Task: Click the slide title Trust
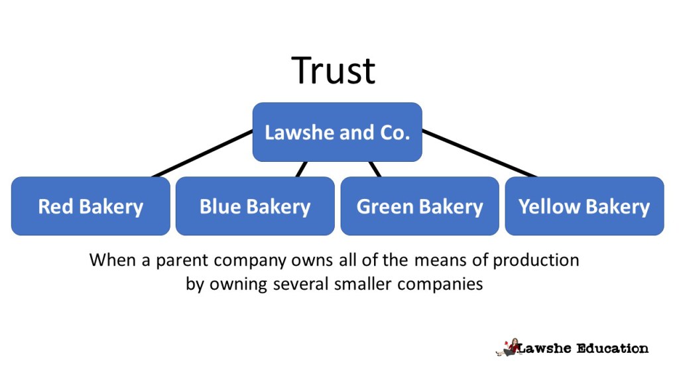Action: (334, 70)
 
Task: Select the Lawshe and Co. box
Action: (337, 132)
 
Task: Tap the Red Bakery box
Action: (90, 206)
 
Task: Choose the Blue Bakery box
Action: (255, 206)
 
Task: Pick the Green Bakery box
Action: (419, 206)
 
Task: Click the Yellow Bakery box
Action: (584, 206)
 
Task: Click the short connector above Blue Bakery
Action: (302, 169)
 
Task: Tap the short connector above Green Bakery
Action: (375, 169)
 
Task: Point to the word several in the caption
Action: (297, 285)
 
